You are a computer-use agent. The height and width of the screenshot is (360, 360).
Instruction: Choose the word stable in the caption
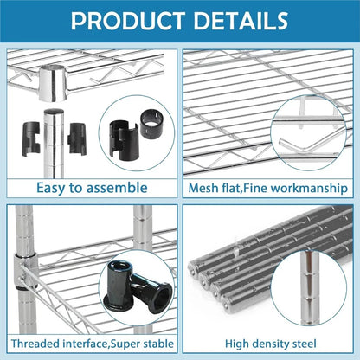(149, 344)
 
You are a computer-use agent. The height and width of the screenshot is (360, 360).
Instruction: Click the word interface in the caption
(88, 344)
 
